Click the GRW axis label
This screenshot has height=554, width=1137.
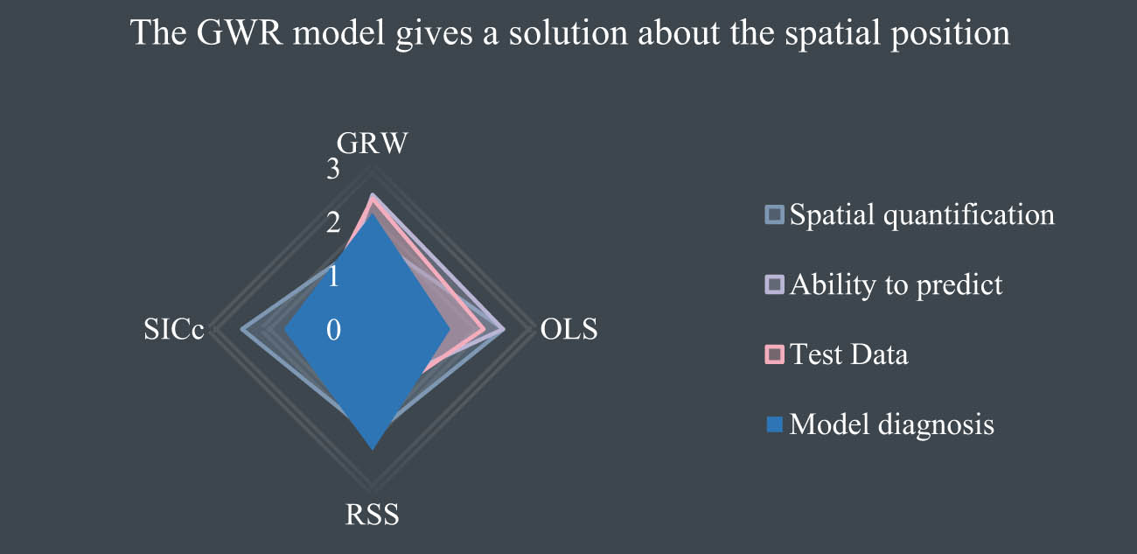click(372, 144)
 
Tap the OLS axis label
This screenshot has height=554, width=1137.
click(569, 329)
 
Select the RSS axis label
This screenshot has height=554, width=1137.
click(372, 515)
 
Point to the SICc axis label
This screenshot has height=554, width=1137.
click(173, 329)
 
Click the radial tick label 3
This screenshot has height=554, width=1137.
click(333, 169)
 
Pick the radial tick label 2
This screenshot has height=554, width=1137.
click(333, 222)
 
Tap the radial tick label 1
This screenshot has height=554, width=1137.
click(333, 277)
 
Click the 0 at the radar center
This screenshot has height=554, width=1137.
click(333, 330)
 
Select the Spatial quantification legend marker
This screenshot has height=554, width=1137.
click(774, 214)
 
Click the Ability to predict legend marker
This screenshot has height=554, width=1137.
click(774, 284)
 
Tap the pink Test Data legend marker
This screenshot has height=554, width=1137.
click(774, 354)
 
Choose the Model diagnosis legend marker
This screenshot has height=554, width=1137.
click(774, 424)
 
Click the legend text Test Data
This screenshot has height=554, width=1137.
click(849, 354)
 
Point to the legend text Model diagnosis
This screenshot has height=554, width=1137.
click(892, 424)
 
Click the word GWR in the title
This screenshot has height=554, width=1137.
click(239, 33)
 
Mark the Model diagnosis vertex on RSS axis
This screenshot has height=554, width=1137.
click(373, 449)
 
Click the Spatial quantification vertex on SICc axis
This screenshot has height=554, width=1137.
click(242, 330)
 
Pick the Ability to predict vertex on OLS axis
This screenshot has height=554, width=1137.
click(504, 330)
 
